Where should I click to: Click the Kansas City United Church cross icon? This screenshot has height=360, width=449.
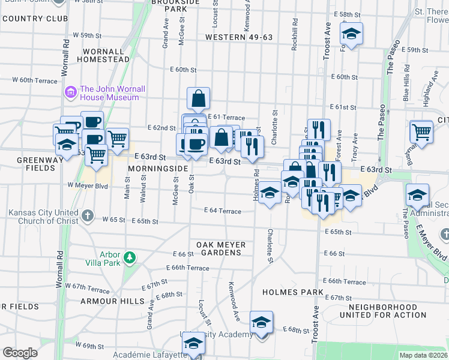[88, 215]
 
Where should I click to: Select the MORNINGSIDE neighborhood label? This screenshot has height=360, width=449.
[158, 169]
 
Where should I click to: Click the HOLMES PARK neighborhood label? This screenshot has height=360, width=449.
[293, 292]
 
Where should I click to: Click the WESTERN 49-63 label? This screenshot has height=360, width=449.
[239, 37]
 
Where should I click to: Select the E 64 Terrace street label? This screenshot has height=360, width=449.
[223, 211]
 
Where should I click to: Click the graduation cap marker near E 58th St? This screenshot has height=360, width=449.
[351, 34]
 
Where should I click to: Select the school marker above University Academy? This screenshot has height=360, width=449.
[261, 323]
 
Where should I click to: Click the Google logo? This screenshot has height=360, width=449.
[20, 352]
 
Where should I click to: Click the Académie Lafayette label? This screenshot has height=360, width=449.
[150, 355]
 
